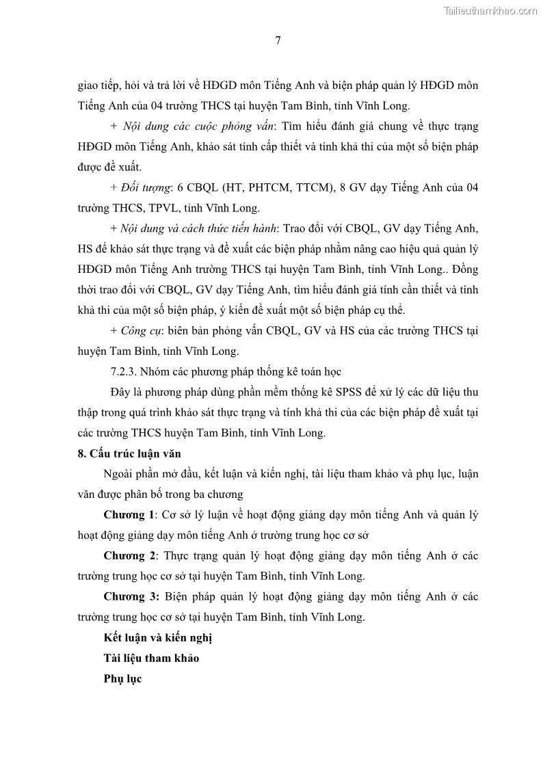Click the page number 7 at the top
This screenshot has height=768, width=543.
pyautogui.click(x=278, y=40)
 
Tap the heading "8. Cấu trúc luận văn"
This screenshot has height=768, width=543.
pyautogui.click(x=129, y=453)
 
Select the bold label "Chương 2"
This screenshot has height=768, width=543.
pyautogui.click(x=129, y=555)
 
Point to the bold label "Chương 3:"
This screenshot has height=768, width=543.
pyautogui.click(x=131, y=596)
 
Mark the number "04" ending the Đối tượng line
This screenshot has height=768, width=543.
pyautogui.click(x=470, y=187)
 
